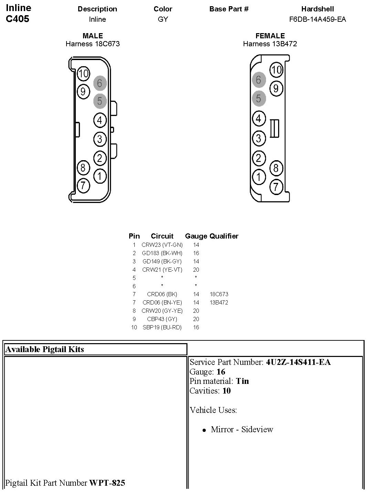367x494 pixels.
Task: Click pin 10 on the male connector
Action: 83,74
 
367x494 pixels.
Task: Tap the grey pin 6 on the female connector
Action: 258,80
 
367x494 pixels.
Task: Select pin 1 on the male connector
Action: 100,176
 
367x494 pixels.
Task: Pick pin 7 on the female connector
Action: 276,187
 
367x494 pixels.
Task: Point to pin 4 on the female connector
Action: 258,118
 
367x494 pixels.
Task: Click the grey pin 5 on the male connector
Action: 100,101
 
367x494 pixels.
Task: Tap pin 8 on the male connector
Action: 83,168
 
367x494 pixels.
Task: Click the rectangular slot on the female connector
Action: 274,128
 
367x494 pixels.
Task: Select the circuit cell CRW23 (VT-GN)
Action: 162,245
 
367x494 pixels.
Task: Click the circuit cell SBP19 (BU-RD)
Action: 162,327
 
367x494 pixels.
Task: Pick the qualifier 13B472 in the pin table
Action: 219,302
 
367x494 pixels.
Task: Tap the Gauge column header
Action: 196,236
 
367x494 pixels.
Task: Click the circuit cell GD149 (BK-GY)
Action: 162,261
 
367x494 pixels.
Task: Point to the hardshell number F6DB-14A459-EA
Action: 317,19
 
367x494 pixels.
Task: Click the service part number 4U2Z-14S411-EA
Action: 298,362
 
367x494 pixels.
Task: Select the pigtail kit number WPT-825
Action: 107,483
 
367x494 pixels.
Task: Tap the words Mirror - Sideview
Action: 242,429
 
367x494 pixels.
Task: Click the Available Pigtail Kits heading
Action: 44,349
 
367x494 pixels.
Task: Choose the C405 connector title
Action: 18,19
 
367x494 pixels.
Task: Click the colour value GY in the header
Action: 163,19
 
